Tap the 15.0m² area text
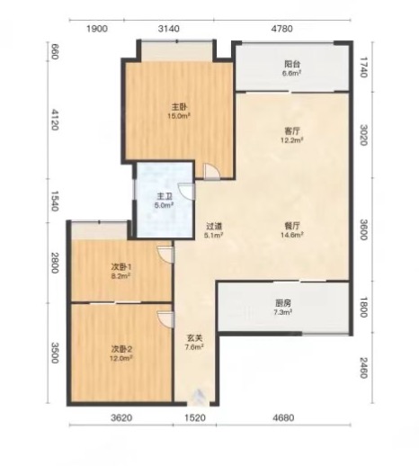[179, 116]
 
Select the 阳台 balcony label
[292, 64]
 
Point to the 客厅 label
[292, 131]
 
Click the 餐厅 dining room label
[292, 226]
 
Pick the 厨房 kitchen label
[282, 303]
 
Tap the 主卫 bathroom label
[165, 197]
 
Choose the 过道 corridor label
[214, 226]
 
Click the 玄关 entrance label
[194, 338]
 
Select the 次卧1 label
[121, 266]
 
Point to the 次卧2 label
[121, 349]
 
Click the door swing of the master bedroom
[212, 171]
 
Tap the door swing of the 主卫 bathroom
[186, 191]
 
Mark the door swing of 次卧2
[165, 319]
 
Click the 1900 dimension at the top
[97, 29]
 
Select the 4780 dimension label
[281, 29]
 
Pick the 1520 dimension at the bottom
[195, 417]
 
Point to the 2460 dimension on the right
[363, 368]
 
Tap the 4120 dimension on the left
[54, 120]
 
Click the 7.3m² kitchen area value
[282, 312]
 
